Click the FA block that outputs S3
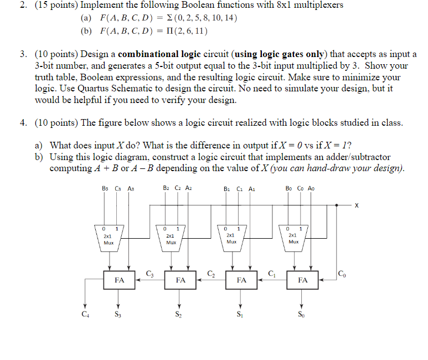(119, 280)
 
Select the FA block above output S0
(302, 280)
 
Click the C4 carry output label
(85, 316)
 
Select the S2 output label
(178, 316)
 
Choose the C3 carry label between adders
(149, 272)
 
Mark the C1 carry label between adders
(272, 272)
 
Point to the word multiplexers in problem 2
(311, 5)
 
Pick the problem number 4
(25, 123)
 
